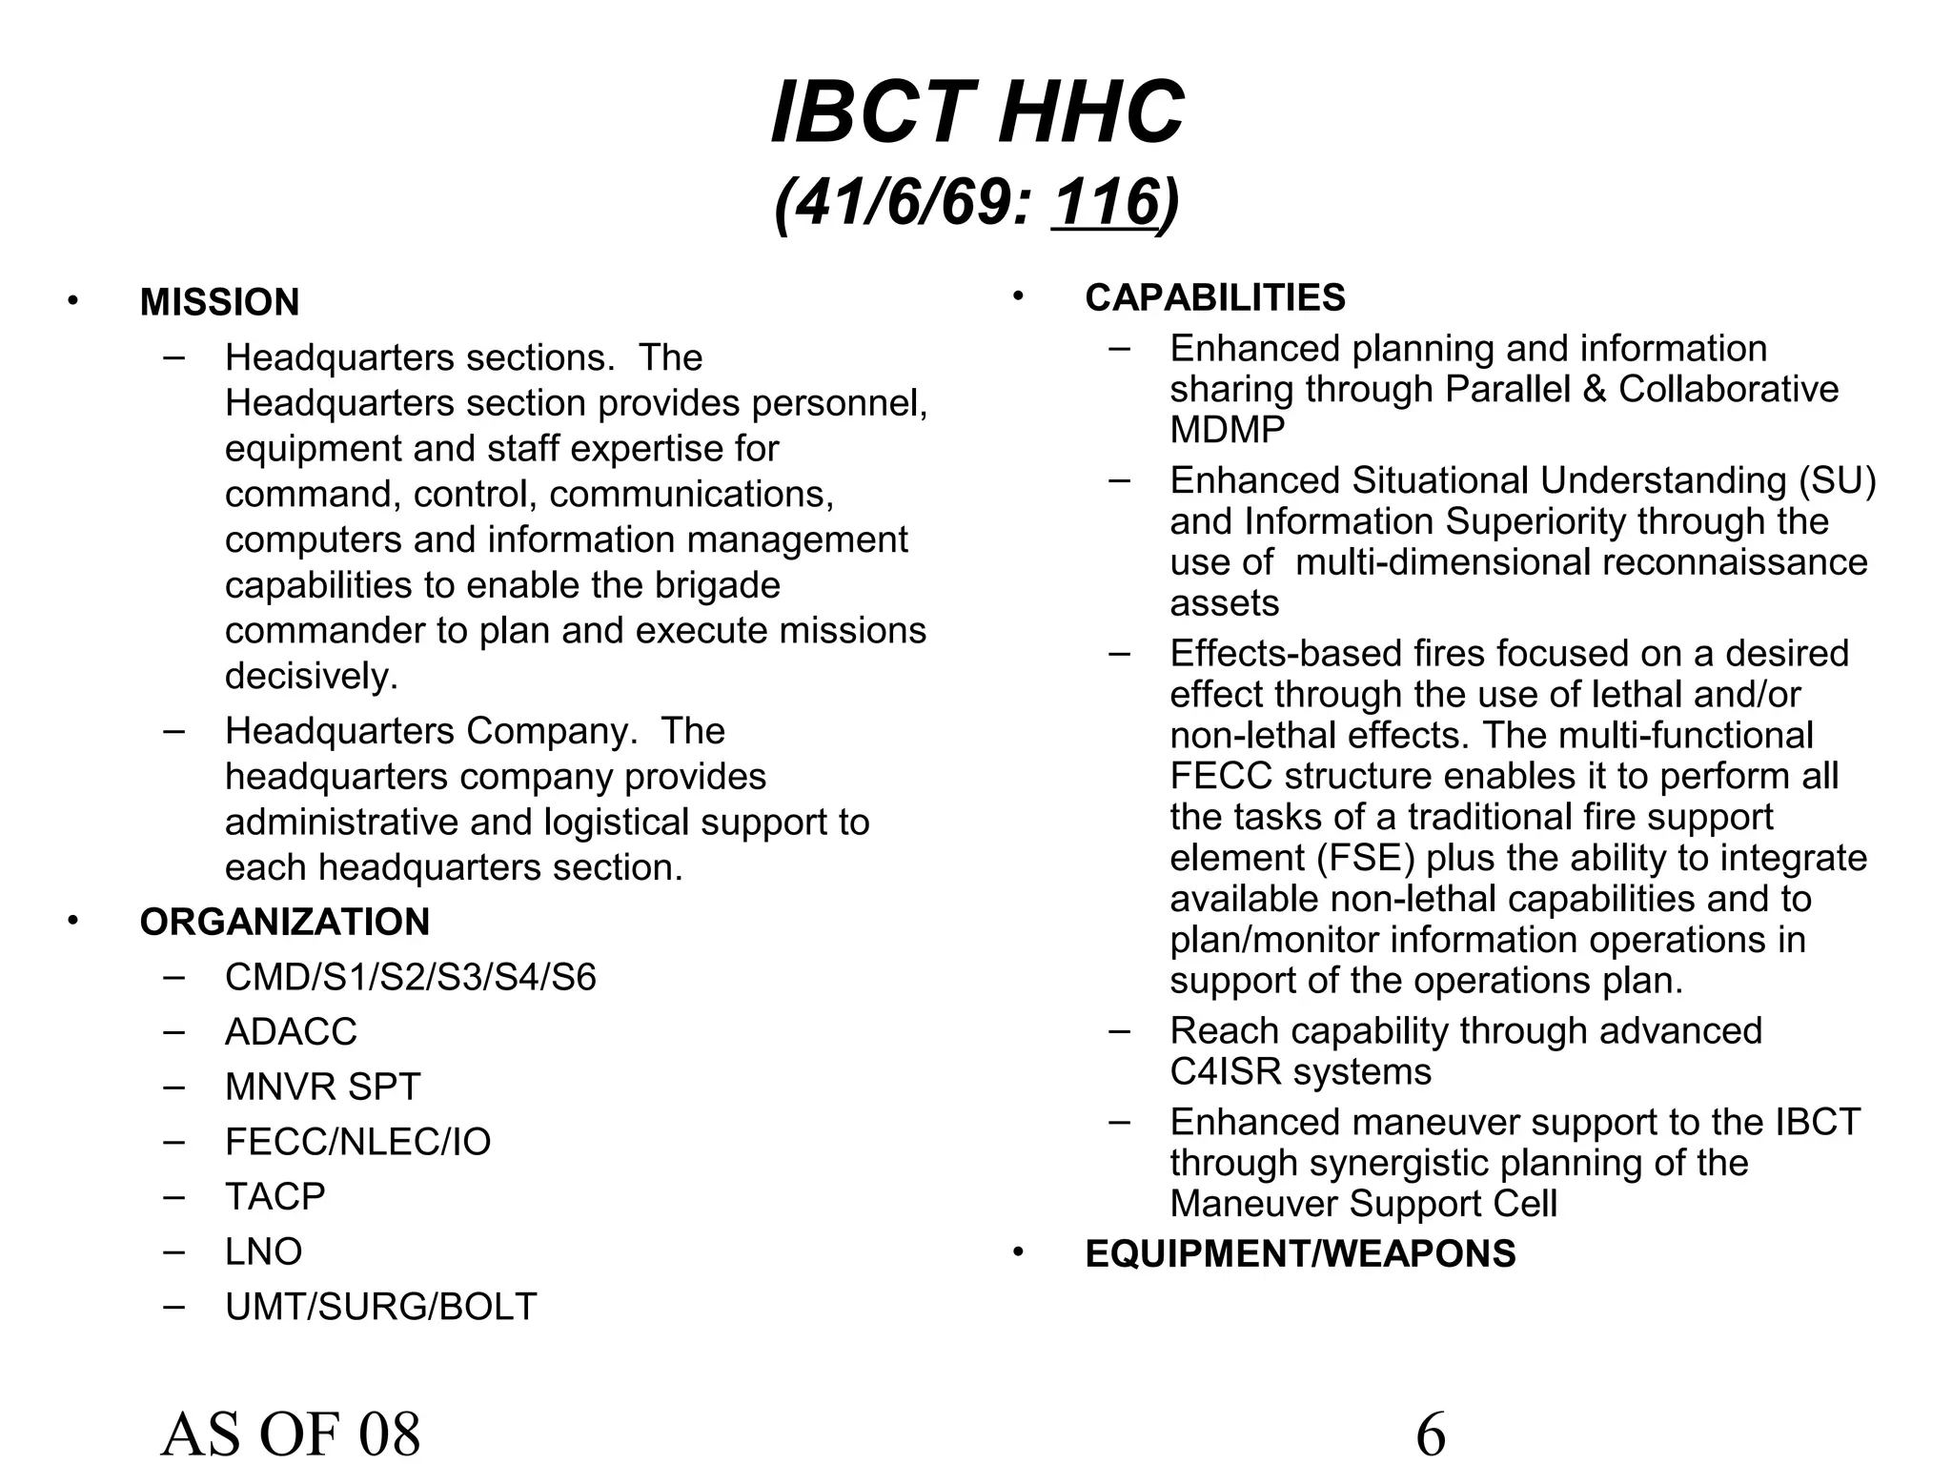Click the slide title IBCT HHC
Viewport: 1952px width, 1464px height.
pos(977,113)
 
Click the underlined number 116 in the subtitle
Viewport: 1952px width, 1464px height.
pos(1106,202)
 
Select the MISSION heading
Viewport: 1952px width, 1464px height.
pos(219,302)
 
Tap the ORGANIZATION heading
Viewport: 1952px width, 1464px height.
pos(284,922)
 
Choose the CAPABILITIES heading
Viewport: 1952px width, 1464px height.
pos(1214,297)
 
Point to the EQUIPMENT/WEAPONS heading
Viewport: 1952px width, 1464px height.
pos(1300,1253)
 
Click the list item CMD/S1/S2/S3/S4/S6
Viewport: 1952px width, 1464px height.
pos(410,977)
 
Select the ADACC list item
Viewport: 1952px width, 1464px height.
pos(291,1031)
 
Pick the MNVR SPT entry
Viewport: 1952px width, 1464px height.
pos(322,1087)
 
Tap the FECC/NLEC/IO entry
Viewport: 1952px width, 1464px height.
pos(357,1142)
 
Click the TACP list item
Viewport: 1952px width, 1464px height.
pos(274,1196)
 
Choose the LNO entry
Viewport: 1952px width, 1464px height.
pos(263,1251)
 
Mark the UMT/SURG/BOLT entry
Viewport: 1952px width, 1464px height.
pos(380,1307)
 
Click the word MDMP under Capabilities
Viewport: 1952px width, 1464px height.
pos(1227,430)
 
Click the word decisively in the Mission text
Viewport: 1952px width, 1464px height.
pos(311,676)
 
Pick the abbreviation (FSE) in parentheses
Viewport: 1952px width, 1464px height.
pos(1366,858)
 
